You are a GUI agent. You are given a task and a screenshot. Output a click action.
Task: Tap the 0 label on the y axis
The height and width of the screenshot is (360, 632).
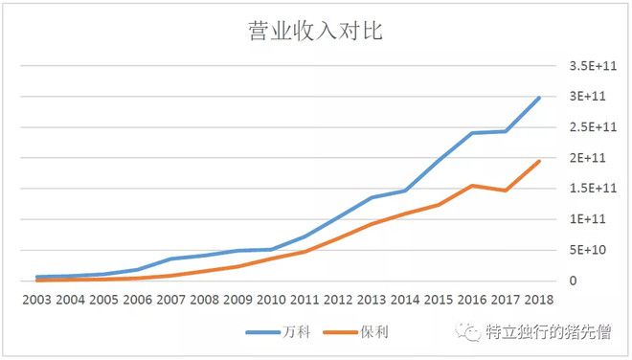573,281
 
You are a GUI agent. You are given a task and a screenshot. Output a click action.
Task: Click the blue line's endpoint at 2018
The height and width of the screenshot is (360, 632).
539,98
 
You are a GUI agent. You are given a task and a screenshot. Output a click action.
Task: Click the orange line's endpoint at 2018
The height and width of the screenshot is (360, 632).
539,161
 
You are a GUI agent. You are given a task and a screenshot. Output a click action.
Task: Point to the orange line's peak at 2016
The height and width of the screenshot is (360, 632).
473,186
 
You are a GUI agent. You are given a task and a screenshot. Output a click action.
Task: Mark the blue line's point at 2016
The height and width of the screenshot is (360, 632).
473,133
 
